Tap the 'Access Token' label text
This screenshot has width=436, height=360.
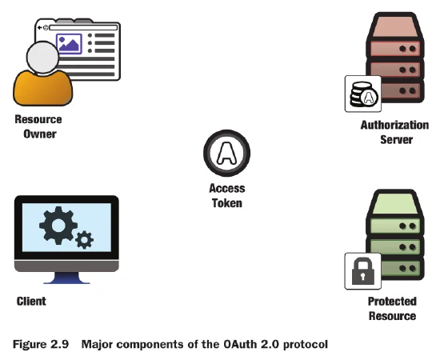pos(227,196)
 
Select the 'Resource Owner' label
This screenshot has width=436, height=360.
pos(38,126)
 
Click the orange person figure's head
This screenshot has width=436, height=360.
pos(41,58)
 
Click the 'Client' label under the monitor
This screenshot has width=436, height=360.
pos(31,301)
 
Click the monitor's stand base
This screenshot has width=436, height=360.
pos(66,280)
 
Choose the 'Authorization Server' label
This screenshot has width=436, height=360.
pos(394,132)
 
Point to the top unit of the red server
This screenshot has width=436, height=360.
pos(394,31)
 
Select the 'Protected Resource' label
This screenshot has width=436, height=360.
pos(392,308)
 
